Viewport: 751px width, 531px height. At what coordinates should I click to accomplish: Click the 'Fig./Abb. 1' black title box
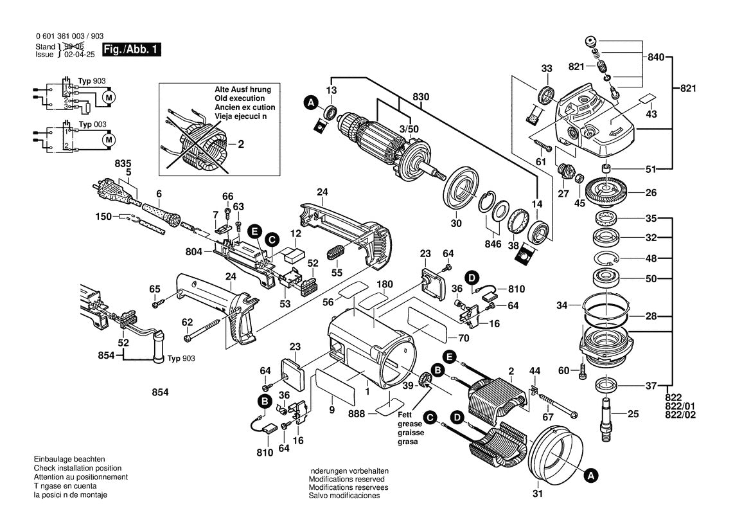tap(132, 50)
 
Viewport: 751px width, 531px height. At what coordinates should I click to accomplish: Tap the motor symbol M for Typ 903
tap(109, 98)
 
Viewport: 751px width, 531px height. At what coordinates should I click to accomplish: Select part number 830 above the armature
tap(421, 97)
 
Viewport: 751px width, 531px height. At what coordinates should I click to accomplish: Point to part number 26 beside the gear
tap(651, 193)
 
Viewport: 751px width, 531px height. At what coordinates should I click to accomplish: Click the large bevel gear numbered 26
tap(607, 190)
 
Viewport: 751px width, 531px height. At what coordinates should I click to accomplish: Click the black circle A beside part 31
tap(591, 476)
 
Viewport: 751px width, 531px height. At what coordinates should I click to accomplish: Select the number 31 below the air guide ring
tap(538, 494)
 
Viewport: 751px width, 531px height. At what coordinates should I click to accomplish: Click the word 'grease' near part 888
tap(410, 424)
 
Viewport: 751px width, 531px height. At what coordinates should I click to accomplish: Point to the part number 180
tap(384, 284)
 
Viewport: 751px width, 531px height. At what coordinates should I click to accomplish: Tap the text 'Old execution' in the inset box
tap(240, 98)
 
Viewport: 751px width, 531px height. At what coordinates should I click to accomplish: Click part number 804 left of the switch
tap(193, 251)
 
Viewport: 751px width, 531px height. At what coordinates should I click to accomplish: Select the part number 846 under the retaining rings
tap(493, 244)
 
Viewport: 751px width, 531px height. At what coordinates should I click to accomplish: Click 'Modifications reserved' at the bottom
tap(347, 479)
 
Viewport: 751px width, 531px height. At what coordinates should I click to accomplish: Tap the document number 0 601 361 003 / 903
tap(69, 37)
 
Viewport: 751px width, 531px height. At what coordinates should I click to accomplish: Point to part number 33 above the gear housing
tap(547, 69)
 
